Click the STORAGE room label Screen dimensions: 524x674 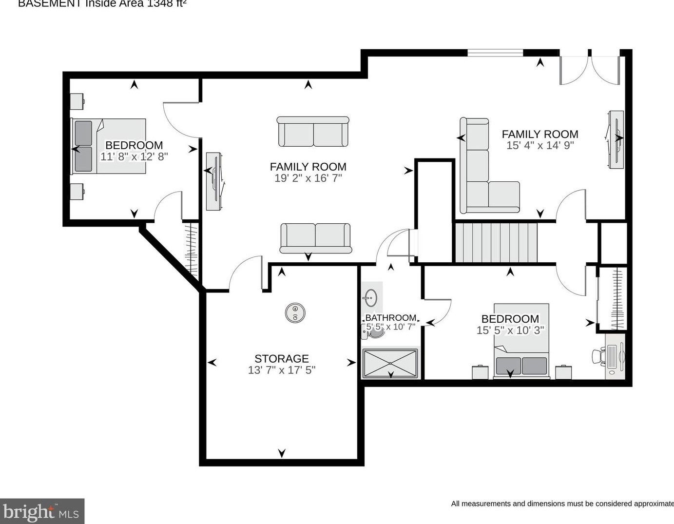281,359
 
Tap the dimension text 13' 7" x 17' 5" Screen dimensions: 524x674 281,370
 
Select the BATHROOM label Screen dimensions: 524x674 390,318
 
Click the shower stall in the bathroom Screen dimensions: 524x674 389,363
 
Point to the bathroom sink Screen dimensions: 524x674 370,296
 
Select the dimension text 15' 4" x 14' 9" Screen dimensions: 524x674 540,145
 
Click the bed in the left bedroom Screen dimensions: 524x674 110,146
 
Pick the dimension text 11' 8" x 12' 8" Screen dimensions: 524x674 134,156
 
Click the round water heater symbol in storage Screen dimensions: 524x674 295,312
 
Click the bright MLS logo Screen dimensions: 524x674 42,511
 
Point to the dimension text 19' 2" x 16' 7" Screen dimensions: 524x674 308,178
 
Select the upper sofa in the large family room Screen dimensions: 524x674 313,132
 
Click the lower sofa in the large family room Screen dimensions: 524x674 315,238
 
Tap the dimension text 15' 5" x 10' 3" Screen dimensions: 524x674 510,330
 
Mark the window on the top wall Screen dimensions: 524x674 495,52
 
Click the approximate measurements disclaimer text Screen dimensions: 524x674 562,504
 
